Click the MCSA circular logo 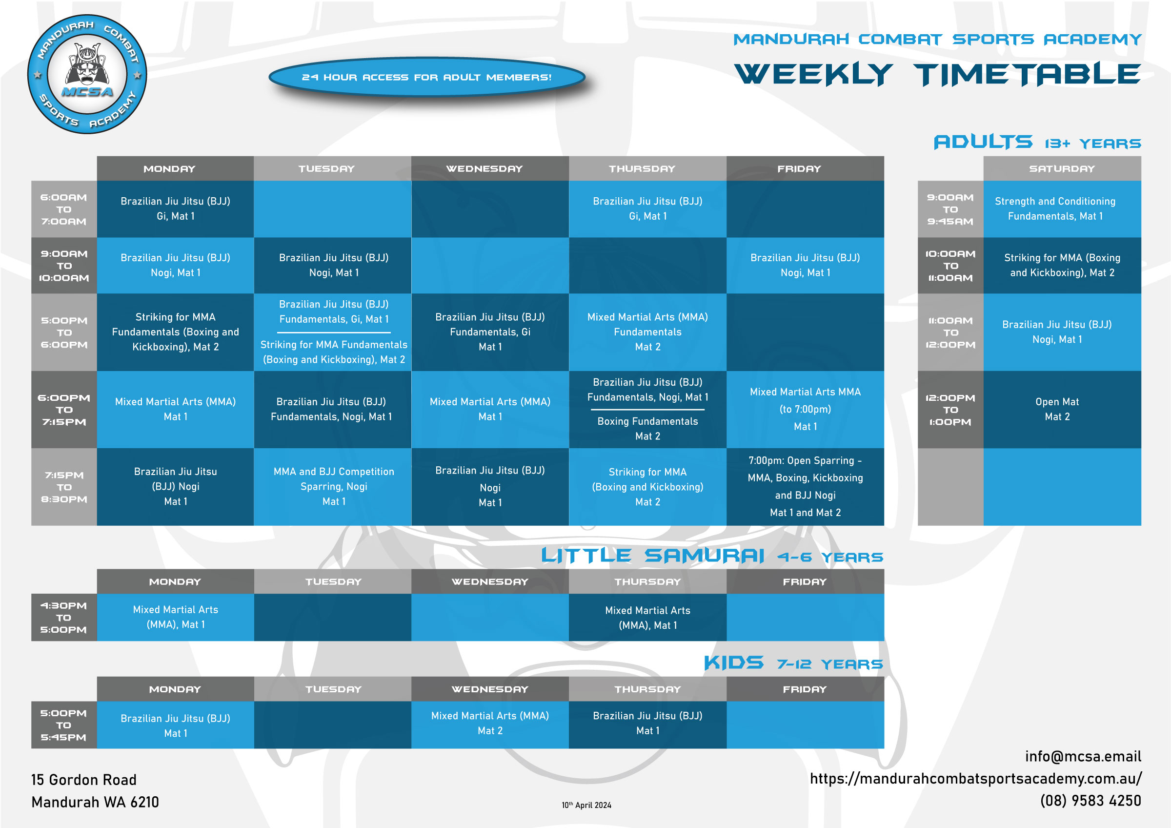[87, 75]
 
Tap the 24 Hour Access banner [426, 78]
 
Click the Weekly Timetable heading [937, 75]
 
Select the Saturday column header [1061, 169]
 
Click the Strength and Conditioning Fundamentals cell [1055, 208]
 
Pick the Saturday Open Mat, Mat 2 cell [1057, 409]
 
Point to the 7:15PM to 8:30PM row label [64, 487]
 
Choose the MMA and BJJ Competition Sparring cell [334, 486]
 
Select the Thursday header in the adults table [642, 169]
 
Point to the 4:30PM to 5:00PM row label [64, 617]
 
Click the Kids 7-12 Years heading [792, 663]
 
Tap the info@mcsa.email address [1083, 756]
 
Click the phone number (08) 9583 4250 [1090, 801]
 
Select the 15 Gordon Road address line [84, 780]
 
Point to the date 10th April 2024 [586, 805]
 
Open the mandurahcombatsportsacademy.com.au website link [975, 779]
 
